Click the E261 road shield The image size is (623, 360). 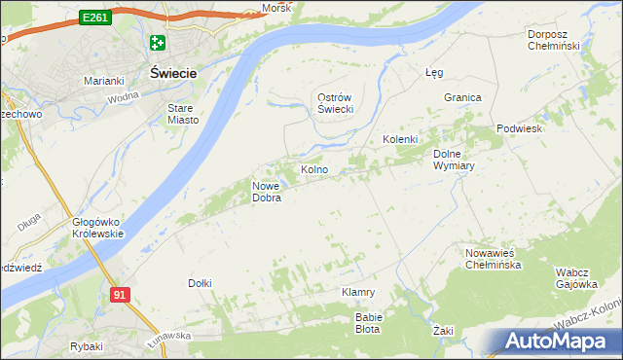coord(94,18)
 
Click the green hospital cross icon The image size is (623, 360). coord(158,43)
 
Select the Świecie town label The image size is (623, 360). coord(173,73)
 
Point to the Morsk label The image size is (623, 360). coord(275,9)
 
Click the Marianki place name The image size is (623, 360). coord(102,81)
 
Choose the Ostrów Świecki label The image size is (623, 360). coord(335,103)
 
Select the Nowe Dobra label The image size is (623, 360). coord(267,192)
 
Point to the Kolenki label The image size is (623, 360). coord(399,139)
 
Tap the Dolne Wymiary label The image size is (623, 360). coord(453,160)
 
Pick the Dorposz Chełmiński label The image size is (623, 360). coord(553,40)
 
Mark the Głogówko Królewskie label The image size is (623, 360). coord(97,228)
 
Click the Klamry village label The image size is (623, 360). coord(358,292)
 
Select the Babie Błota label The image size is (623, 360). coord(369,323)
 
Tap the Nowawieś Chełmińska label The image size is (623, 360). coord(496,258)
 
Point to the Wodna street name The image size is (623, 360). coord(124,95)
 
